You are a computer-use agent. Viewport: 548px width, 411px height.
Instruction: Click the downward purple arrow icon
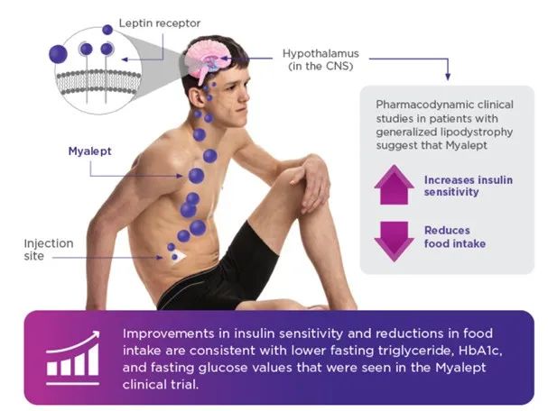394,237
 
